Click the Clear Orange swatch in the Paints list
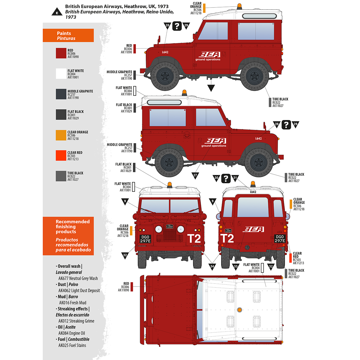61,135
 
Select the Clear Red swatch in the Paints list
61,156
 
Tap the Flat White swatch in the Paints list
61,74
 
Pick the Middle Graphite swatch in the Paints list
61,94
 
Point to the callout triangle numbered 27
195,175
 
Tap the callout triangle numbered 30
216,178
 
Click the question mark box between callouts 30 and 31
226,178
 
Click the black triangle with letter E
56,12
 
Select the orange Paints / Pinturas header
68,36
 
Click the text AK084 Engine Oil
72,333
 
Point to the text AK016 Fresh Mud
73,303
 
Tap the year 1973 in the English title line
163,6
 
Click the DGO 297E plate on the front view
145,239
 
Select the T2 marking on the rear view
227,239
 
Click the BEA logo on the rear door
253,229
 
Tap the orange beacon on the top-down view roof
239,310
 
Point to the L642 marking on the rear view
253,192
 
